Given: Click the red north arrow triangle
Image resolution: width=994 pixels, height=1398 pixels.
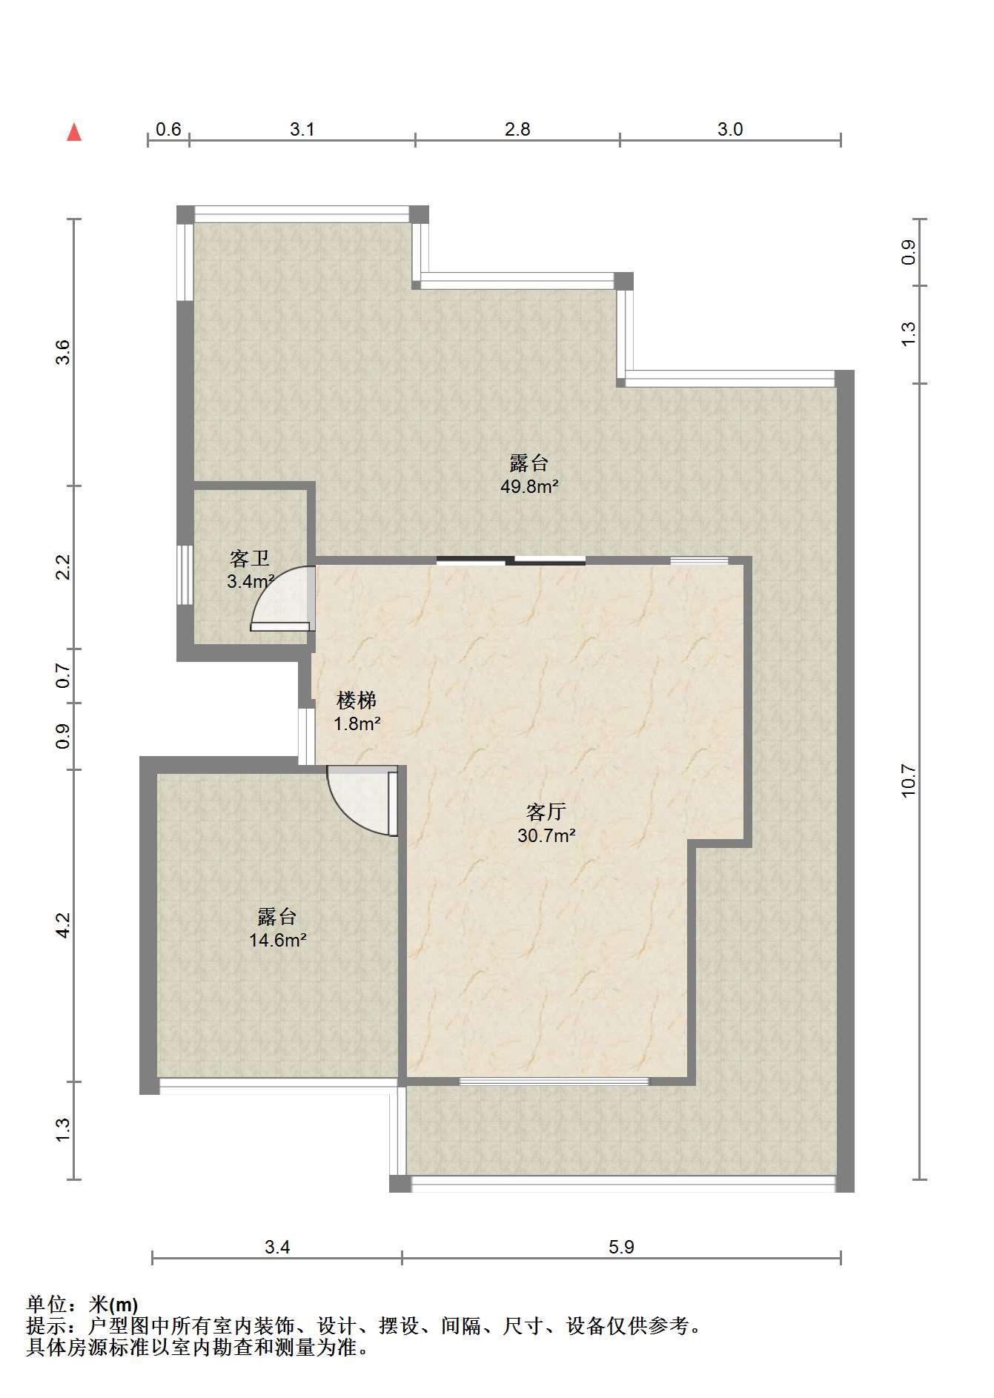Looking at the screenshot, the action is coord(74,132).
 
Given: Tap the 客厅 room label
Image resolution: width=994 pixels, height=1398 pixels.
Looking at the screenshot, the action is coord(546,812).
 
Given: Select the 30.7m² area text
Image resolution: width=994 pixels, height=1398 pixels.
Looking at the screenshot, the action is coord(546,835).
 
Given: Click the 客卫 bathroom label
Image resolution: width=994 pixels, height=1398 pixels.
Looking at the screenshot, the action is coord(250,558).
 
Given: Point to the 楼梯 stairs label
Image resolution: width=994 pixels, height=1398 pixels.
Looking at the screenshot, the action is coord(357,700).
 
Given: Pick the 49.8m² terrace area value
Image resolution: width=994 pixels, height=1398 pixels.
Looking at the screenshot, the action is coord(529,487).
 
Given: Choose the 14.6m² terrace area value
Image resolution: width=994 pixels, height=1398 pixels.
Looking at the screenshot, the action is coord(278,941).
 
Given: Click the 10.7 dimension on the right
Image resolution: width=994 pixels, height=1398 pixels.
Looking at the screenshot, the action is coord(909,781).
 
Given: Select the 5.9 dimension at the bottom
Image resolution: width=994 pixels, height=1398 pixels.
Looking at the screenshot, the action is coord(621,1247).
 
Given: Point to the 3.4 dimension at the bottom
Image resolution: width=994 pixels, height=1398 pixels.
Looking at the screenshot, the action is coord(277,1247).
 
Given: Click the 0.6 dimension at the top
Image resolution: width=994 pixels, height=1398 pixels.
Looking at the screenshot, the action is coord(168,129).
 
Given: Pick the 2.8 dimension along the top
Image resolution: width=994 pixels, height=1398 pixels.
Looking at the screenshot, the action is coord(517,129).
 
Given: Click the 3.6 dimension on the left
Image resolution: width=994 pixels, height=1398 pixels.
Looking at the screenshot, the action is coord(63,351).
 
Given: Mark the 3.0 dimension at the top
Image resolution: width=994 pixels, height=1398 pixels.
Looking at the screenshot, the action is coord(730,129).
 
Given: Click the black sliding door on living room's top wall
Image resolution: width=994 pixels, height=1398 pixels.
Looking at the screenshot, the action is coord(511,560).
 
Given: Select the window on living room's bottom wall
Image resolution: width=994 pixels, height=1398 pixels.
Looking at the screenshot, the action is coord(554,1081).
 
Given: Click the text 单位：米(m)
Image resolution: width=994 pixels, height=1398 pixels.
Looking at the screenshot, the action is coord(82,1304).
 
